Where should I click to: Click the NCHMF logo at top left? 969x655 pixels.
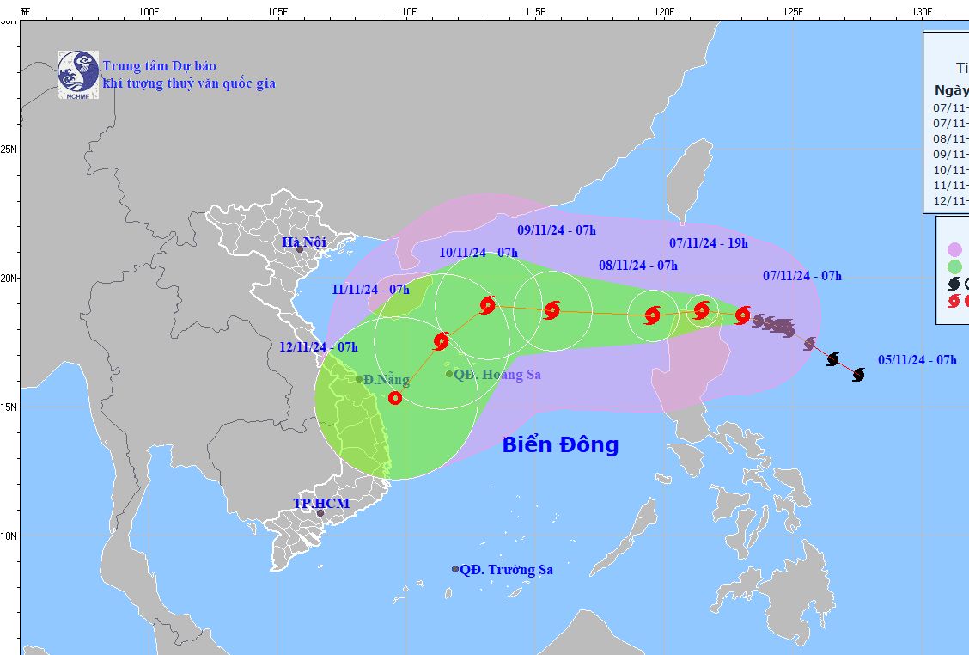(x=78, y=72)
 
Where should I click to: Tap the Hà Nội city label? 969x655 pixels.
(x=304, y=242)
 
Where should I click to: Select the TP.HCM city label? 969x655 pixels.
(x=321, y=503)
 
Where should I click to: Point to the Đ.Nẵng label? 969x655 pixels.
(x=386, y=379)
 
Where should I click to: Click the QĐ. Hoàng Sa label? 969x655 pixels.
(x=497, y=375)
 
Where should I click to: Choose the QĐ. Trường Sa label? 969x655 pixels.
(x=506, y=569)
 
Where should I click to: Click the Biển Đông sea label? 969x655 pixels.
(x=560, y=444)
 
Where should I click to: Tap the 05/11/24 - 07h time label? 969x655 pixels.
(x=917, y=360)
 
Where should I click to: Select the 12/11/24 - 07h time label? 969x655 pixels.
(x=319, y=347)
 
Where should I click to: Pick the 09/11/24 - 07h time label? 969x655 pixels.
(x=557, y=230)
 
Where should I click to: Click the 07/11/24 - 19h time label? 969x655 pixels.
(x=709, y=243)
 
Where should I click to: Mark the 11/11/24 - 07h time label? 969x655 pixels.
(x=370, y=290)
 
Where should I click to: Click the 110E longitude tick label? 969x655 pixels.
(x=406, y=12)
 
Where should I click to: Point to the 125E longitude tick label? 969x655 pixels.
(x=793, y=12)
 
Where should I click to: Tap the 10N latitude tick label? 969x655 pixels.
(x=9, y=536)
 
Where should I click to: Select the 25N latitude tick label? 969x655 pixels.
(x=9, y=150)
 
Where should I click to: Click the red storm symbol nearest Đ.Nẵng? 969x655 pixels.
(x=394, y=397)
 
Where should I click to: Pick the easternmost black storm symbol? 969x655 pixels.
(x=858, y=374)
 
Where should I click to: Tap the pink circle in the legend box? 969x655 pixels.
(x=954, y=250)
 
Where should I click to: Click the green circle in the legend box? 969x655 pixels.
(x=954, y=266)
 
